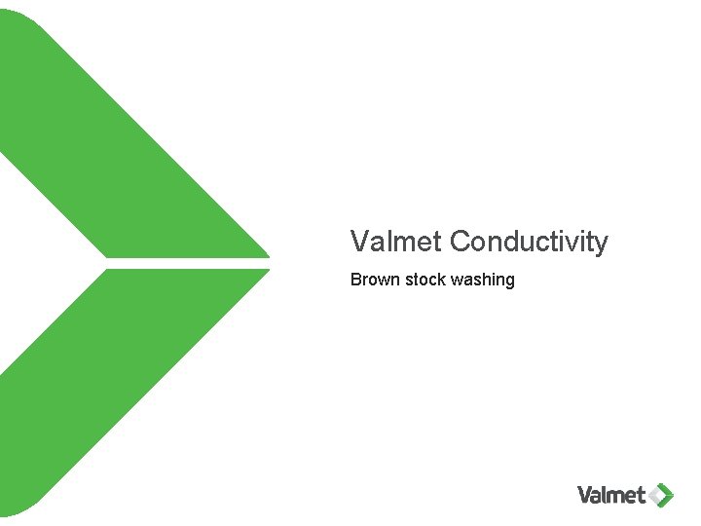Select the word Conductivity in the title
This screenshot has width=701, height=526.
[x=530, y=241]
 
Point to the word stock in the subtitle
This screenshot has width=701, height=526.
[x=425, y=281]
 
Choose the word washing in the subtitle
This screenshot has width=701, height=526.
[x=483, y=281]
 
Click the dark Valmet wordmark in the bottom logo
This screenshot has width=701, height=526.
[x=611, y=495]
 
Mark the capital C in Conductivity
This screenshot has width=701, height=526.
[x=461, y=241]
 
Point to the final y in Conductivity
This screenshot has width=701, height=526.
[x=601, y=244]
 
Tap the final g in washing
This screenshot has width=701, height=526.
[x=509, y=282]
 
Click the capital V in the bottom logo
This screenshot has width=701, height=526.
[x=585, y=495]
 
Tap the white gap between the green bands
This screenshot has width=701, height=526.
[x=185, y=263]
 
